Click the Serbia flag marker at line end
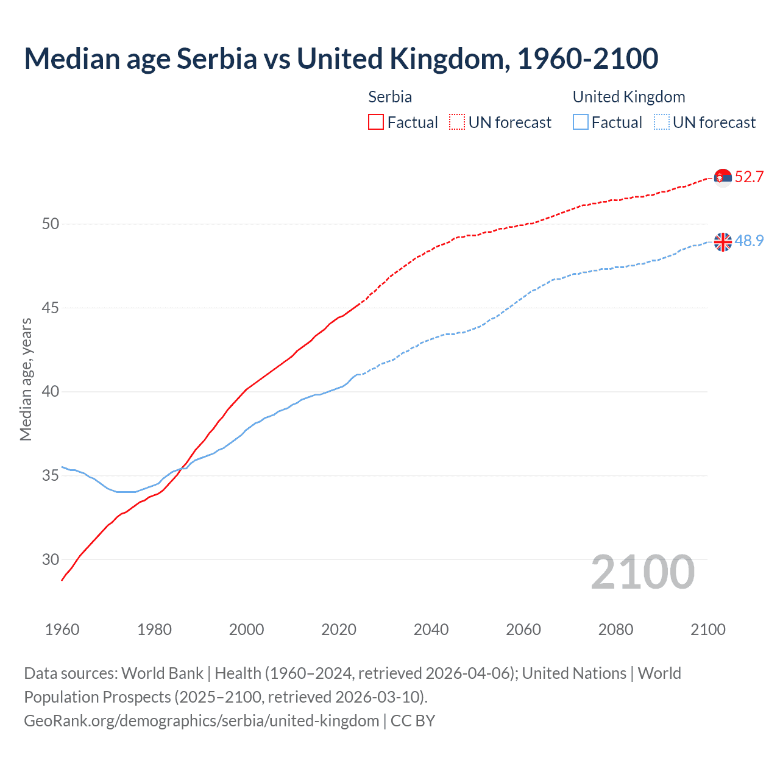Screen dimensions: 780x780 tap(723, 177)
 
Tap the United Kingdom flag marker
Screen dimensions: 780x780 tap(723, 242)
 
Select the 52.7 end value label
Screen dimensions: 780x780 tap(749, 177)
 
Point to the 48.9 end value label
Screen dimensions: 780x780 tap(749, 241)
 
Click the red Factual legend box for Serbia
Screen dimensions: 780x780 tap(376, 122)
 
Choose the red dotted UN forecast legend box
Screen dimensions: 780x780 tap(457, 122)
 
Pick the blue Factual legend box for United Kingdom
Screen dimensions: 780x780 tap(581, 122)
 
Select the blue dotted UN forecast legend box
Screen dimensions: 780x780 tap(662, 122)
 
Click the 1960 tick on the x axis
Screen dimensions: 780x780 tap(62, 629)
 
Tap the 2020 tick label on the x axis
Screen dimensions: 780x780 tap(339, 629)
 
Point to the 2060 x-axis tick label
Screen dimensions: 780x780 tap(523, 629)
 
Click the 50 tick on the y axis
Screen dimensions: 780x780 tap(51, 224)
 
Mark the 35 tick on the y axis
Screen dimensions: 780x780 tap(51, 476)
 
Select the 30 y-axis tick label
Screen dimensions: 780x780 tap(51, 559)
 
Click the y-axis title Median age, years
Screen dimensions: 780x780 tap(26, 379)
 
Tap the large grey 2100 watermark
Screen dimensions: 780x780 tap(643, 572)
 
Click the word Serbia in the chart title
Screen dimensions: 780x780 tap(216, 59)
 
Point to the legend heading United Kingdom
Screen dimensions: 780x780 tap(629, 97)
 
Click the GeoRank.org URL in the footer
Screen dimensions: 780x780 tap(202, 721)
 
